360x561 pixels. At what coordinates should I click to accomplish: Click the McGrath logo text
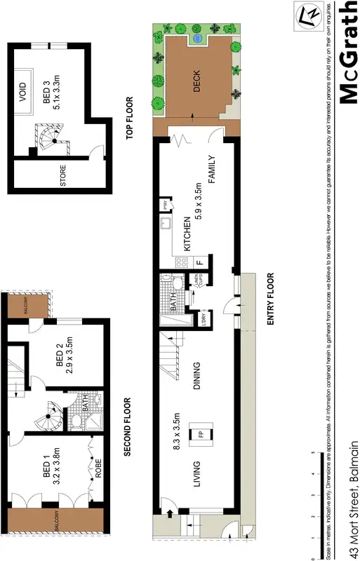(346, 53)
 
